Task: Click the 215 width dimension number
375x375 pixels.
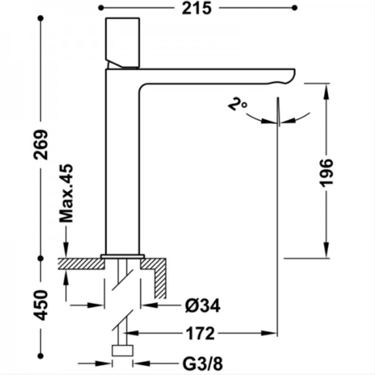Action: pyautogui.click(x=197, y=9)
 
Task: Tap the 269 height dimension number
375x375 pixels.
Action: pyautogui.click(x=41, y=145)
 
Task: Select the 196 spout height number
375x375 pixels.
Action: pyautogui.click(x=326, y=172)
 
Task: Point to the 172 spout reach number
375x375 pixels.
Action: pyautogui.click(x=201, y=333)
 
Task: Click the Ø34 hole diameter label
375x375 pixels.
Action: pyautogui.click(x=202, y=306)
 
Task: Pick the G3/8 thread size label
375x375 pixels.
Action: pyautogui.click(x=202, y=364)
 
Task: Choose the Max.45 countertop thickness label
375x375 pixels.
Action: pyautogui.click(x=66, y=193)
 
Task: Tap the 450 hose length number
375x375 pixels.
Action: pyautogui.click(x=41, y=305)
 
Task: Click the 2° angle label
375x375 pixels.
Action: pyautogui.click(x=237, y=104)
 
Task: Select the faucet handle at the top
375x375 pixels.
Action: pyautogui.click(x=122, y=42)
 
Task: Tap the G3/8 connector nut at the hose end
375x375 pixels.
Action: pyautogui.click(x=122, y=351)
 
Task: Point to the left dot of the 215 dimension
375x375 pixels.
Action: pyautogui.click(x=101, y=8)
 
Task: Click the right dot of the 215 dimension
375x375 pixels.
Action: pyautogui.click(x=294, y=8)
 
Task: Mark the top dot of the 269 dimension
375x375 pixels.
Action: pyautogui.click(x=41, y=18)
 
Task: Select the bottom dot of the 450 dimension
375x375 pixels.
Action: pyautogui.click(x=41, y=356)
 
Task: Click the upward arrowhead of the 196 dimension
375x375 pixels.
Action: pyautogui.click(x=326, y=92)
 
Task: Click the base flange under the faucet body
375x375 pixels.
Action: pyautogui.click(x=122, y=257)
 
